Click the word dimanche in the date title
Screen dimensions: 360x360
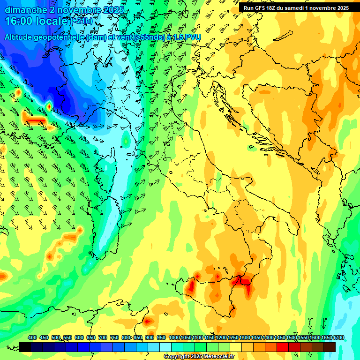point(26,10)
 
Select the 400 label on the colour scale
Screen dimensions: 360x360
point(32,337)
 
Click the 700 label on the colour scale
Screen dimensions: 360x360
point(103,337)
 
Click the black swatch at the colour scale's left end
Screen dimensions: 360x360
point(25,347)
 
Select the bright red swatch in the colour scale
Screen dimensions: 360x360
point(283,347)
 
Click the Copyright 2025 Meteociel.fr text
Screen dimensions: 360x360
point(199,356)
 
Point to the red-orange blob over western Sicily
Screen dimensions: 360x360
point(192,286)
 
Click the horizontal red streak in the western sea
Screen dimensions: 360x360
point(35,121)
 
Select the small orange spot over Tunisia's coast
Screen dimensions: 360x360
point(148,322)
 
